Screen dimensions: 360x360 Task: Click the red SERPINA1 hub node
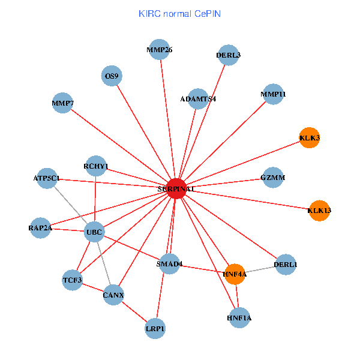(176, 188)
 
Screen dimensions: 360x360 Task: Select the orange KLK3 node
(309, 138)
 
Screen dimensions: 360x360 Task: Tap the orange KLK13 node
(319, 211)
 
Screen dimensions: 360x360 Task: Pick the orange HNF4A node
(235, 274)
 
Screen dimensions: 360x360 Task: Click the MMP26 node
(160, 50)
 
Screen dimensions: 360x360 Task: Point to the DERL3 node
(229, 55)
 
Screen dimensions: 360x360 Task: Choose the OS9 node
(112, 76)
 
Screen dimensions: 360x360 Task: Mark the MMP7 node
(62, 103)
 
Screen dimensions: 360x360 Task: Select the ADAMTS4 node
(198, 98)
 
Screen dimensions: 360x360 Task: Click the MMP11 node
(273, 94)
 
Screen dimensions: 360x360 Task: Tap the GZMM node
(273, 178)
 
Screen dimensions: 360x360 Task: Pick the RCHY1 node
(96, 166)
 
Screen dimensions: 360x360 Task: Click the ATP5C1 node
(47, 178)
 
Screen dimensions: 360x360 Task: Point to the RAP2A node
(40, 227)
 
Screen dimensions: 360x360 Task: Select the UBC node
(95, 232)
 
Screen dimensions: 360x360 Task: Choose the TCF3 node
(72, 280)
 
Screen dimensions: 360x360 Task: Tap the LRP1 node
(155, 328)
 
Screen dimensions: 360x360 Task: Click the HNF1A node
(239, 317)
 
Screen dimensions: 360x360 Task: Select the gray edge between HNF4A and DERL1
(260, 269)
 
